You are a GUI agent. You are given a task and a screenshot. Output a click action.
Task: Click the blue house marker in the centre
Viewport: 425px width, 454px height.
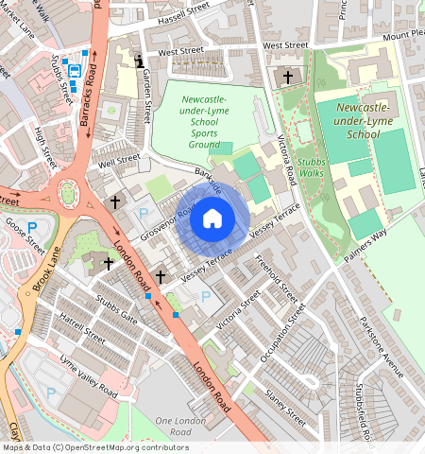point(212,219)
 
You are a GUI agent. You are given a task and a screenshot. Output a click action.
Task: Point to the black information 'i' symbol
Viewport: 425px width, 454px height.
point(140,62)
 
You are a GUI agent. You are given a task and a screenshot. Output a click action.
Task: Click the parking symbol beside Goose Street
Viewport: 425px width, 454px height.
point(31,227)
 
